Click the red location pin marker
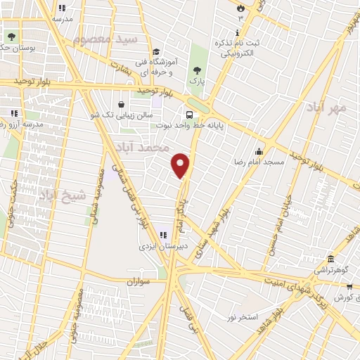click(181, 165)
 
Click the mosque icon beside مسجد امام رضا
click(259, 151)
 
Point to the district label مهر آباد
click(328, 108)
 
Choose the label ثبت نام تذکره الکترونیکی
click(240, 47)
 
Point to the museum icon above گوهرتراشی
click(330, 259)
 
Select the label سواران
click(140, 281)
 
